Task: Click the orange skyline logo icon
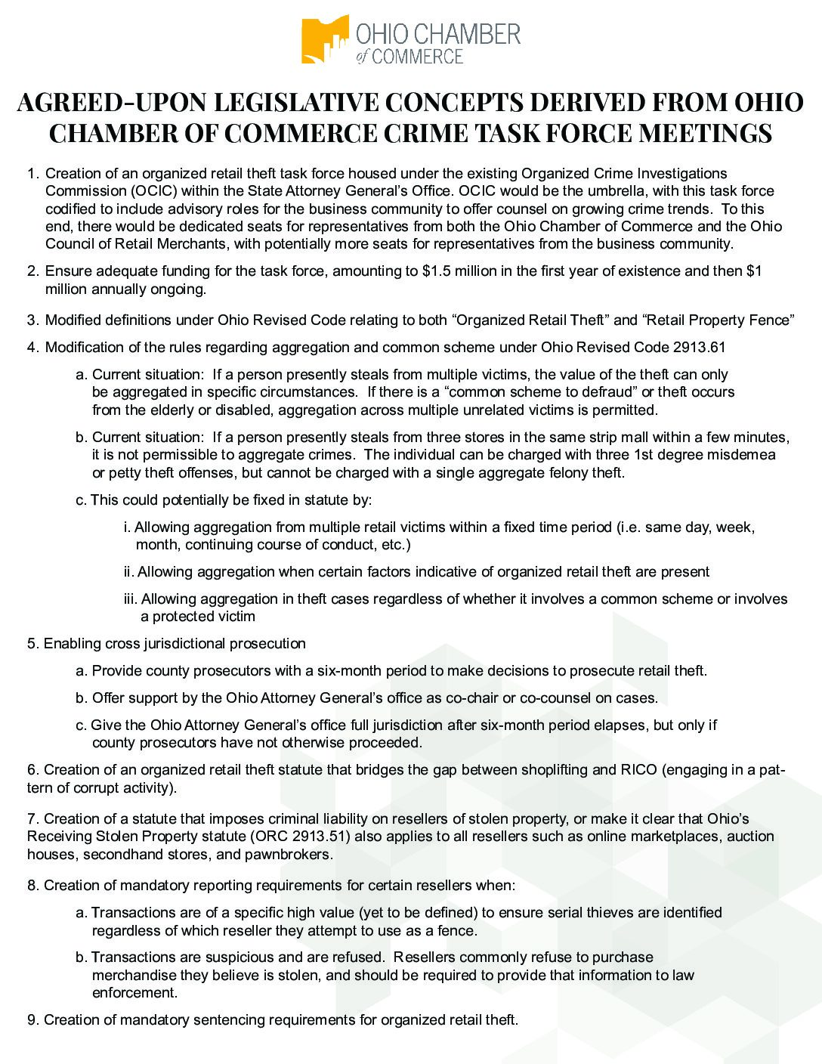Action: [x=324, y=39]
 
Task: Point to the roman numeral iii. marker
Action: [x=131, y=599]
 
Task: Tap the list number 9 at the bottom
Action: [x=32, y=1019]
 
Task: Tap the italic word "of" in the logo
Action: [x=363, y=57]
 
